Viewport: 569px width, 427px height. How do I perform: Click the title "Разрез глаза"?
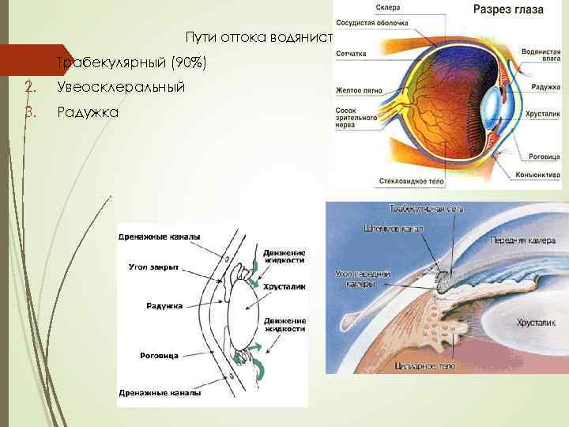pyautogui.click(x=508, y=9)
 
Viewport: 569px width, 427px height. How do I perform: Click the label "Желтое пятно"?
pyautogui.click(x=359, y=90)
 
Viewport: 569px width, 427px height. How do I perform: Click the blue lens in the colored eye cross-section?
pyautogui.click(x=493, y=104)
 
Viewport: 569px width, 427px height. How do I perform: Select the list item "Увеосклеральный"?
pyautogui.click(x=121, y=87)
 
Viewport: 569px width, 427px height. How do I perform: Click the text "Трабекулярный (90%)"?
pyautogui.click(x=131, y=62)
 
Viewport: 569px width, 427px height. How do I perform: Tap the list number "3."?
pyautogui.click(x=30, y=112)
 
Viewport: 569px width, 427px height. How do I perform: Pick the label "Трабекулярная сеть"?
pyautogui.click(x=426, y=210)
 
